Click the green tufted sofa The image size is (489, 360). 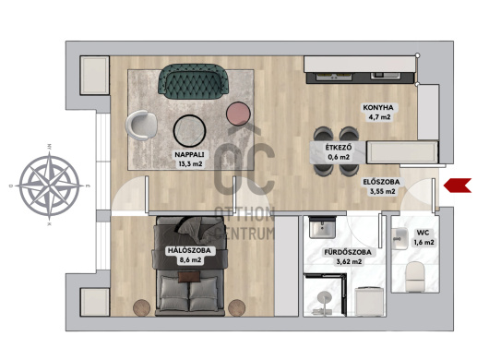click(194, 81)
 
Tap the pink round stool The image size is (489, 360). click(238, 114)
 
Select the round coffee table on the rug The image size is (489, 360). click(190, 131)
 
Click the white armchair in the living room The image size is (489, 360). click(141, 125)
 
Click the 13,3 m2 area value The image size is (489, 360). click(190, 164)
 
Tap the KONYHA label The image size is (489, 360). click(378, 108)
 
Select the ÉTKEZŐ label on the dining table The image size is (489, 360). click(339, 148)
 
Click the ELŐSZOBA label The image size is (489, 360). click(381, 182)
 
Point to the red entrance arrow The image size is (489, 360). click(458, 186)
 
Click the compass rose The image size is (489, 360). click(49, 186)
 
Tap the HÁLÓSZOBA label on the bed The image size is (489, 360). click(189, 250)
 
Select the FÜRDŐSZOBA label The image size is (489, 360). click(348, 252)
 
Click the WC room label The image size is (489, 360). click(423, 233)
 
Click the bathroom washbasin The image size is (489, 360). click(322, 227)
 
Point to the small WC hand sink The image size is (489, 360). click(400, 238)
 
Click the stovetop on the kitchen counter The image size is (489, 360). click(334, 76)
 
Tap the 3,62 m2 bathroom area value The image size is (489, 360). click(349, 262)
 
